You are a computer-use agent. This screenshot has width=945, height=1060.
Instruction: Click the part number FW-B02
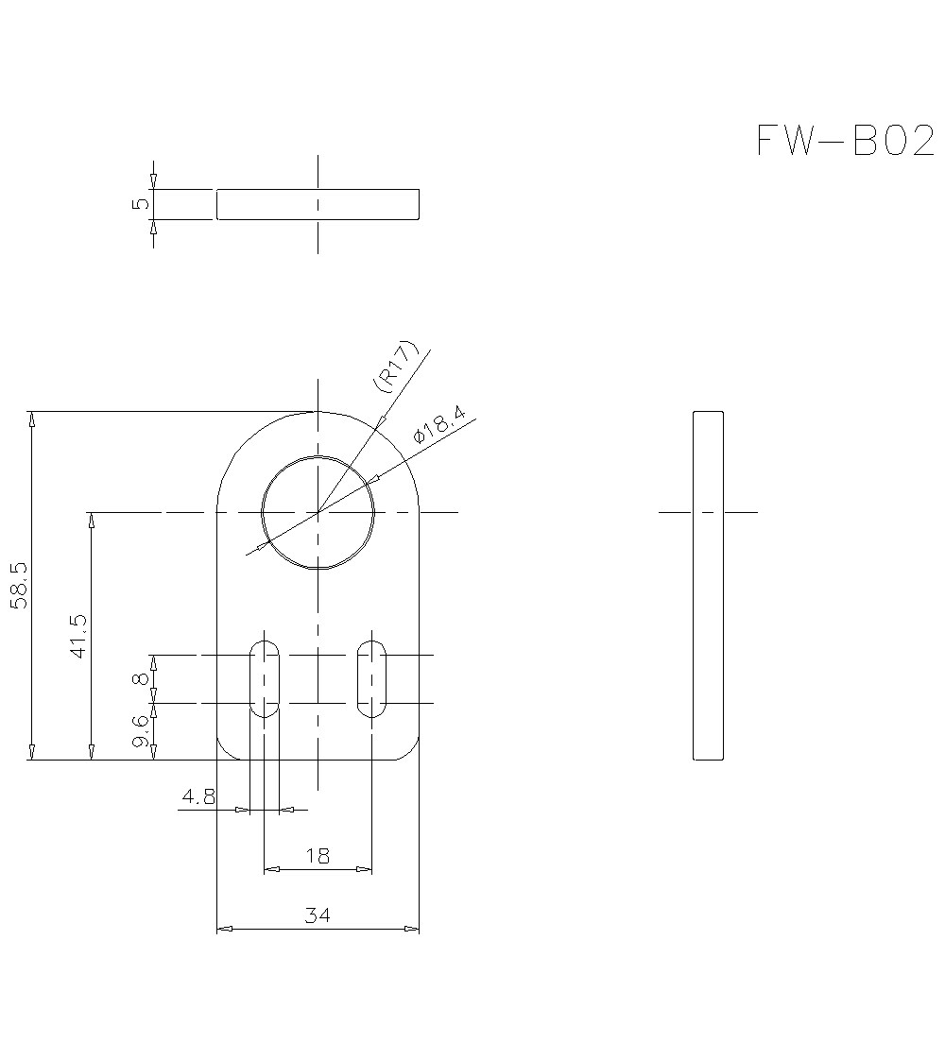point(845,141)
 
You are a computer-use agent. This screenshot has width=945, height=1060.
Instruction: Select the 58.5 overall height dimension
point(20,586)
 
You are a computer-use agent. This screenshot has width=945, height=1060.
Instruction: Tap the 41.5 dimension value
point(78,636)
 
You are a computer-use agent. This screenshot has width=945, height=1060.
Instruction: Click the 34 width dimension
point(318,915)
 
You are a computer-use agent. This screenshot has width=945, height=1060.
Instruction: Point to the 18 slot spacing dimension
point(318,856)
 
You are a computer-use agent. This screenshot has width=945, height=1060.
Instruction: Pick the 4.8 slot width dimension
point(198,796)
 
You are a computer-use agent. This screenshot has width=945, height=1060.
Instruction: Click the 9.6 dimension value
point(141,732)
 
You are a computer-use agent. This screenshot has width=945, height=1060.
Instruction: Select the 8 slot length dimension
point(141,678)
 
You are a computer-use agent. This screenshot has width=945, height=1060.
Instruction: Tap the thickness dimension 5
point(140,203)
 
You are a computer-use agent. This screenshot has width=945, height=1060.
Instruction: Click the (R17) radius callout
point(395,367)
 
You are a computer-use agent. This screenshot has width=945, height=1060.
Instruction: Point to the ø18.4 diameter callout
point(439,428)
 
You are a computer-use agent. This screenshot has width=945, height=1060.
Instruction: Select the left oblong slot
point(265,678)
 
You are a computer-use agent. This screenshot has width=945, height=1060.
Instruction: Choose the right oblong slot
point(371,678)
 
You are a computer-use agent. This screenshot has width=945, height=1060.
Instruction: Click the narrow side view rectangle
point(708,586)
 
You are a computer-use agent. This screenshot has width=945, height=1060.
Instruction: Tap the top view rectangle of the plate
point(318,203)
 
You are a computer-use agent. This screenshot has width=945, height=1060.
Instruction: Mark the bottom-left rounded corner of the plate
point(227,750)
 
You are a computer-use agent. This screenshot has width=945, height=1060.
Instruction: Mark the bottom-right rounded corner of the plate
point(409,750)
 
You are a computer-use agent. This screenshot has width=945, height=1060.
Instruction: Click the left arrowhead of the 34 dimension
point(224,929)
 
